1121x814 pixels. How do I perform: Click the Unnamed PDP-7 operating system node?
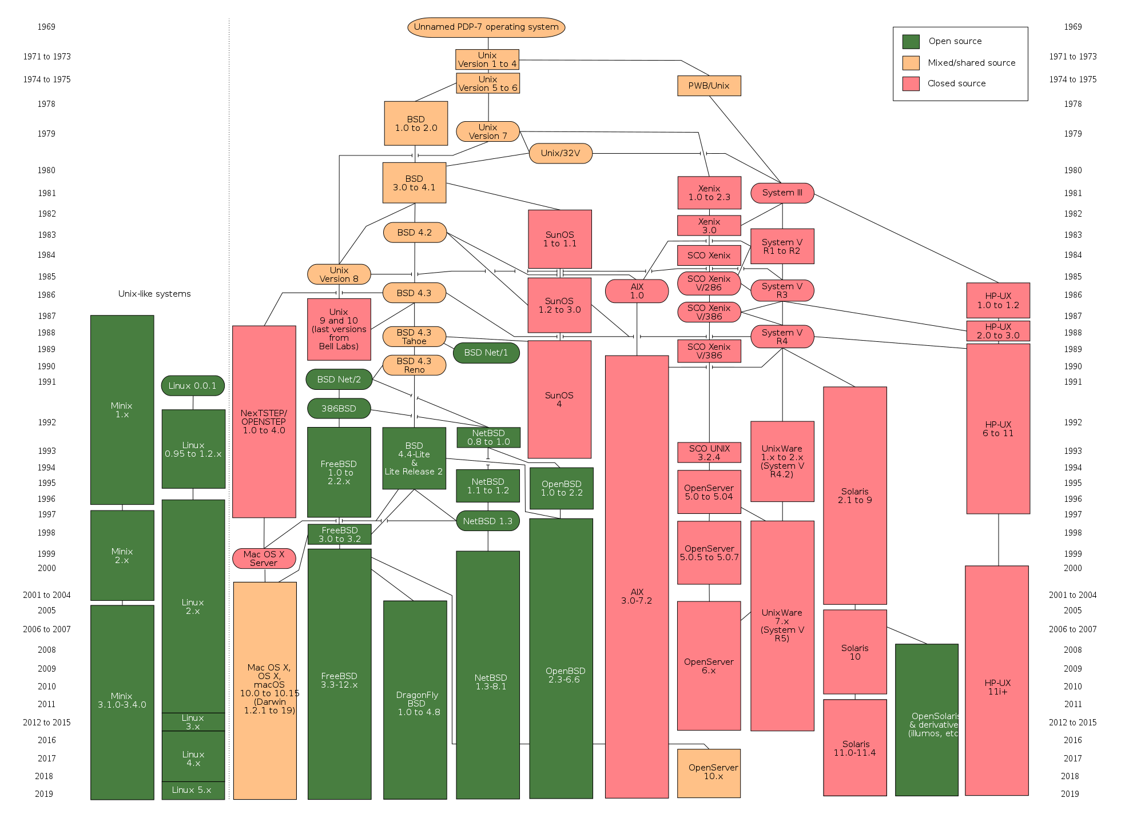tap(486, 27)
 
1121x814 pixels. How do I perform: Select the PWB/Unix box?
tap(709, 86)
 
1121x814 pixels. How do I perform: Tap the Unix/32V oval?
tap(560, 153)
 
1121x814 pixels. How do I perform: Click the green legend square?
tap(911, 42)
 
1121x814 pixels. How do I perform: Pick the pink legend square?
tap(911, 84)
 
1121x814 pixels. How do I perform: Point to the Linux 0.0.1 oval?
tap(193, 386)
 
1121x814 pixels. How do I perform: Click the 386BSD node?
tap(339, 409)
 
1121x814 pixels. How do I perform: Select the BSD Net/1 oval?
tap(486, 353)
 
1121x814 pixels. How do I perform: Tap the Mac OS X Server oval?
tap(264, 558)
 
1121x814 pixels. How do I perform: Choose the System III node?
tap(782, 193)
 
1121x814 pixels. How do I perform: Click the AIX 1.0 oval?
tap(637, 291)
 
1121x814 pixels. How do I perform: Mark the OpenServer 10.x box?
tap(709, 773)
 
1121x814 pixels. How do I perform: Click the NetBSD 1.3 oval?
tap(487, 521)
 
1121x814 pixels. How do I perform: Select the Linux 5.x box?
tap(193, 790)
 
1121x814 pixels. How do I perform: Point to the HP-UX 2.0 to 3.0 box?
tap(997, 331)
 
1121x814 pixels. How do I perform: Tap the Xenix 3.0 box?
tap(709, 226)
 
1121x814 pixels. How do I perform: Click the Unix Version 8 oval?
tap(339, 274)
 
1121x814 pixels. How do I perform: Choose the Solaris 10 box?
tap(854, 652)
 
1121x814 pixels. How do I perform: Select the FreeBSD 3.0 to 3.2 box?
tap(339, 534)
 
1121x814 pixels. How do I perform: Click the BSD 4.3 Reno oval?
tap(414, 365)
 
